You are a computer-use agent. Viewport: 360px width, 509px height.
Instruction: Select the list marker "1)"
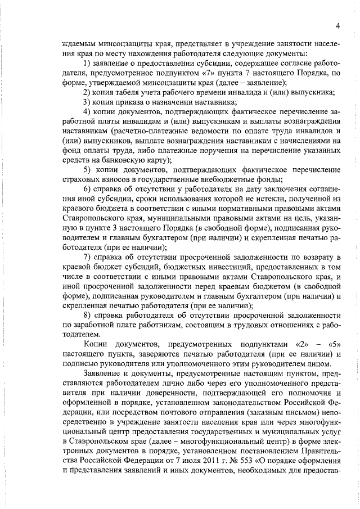click(88, 63)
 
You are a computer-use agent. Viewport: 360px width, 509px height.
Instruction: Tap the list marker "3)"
click(88, 102)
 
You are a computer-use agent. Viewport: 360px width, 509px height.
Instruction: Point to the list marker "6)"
click(88, 188)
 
